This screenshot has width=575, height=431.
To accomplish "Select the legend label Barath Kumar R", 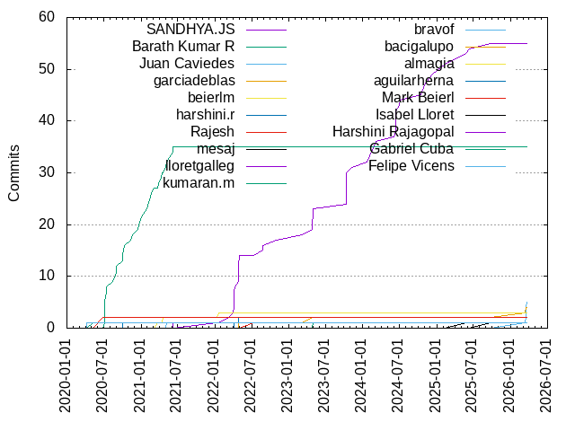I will coord(183,47).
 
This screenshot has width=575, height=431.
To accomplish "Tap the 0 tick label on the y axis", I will coord(50,328).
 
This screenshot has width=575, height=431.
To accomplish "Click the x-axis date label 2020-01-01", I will coord(66,375).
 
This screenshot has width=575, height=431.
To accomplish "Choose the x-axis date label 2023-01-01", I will coord(287,375).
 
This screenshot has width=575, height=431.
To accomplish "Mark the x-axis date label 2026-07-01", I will coord(544,375).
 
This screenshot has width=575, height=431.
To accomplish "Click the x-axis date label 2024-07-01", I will coord(397,375).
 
